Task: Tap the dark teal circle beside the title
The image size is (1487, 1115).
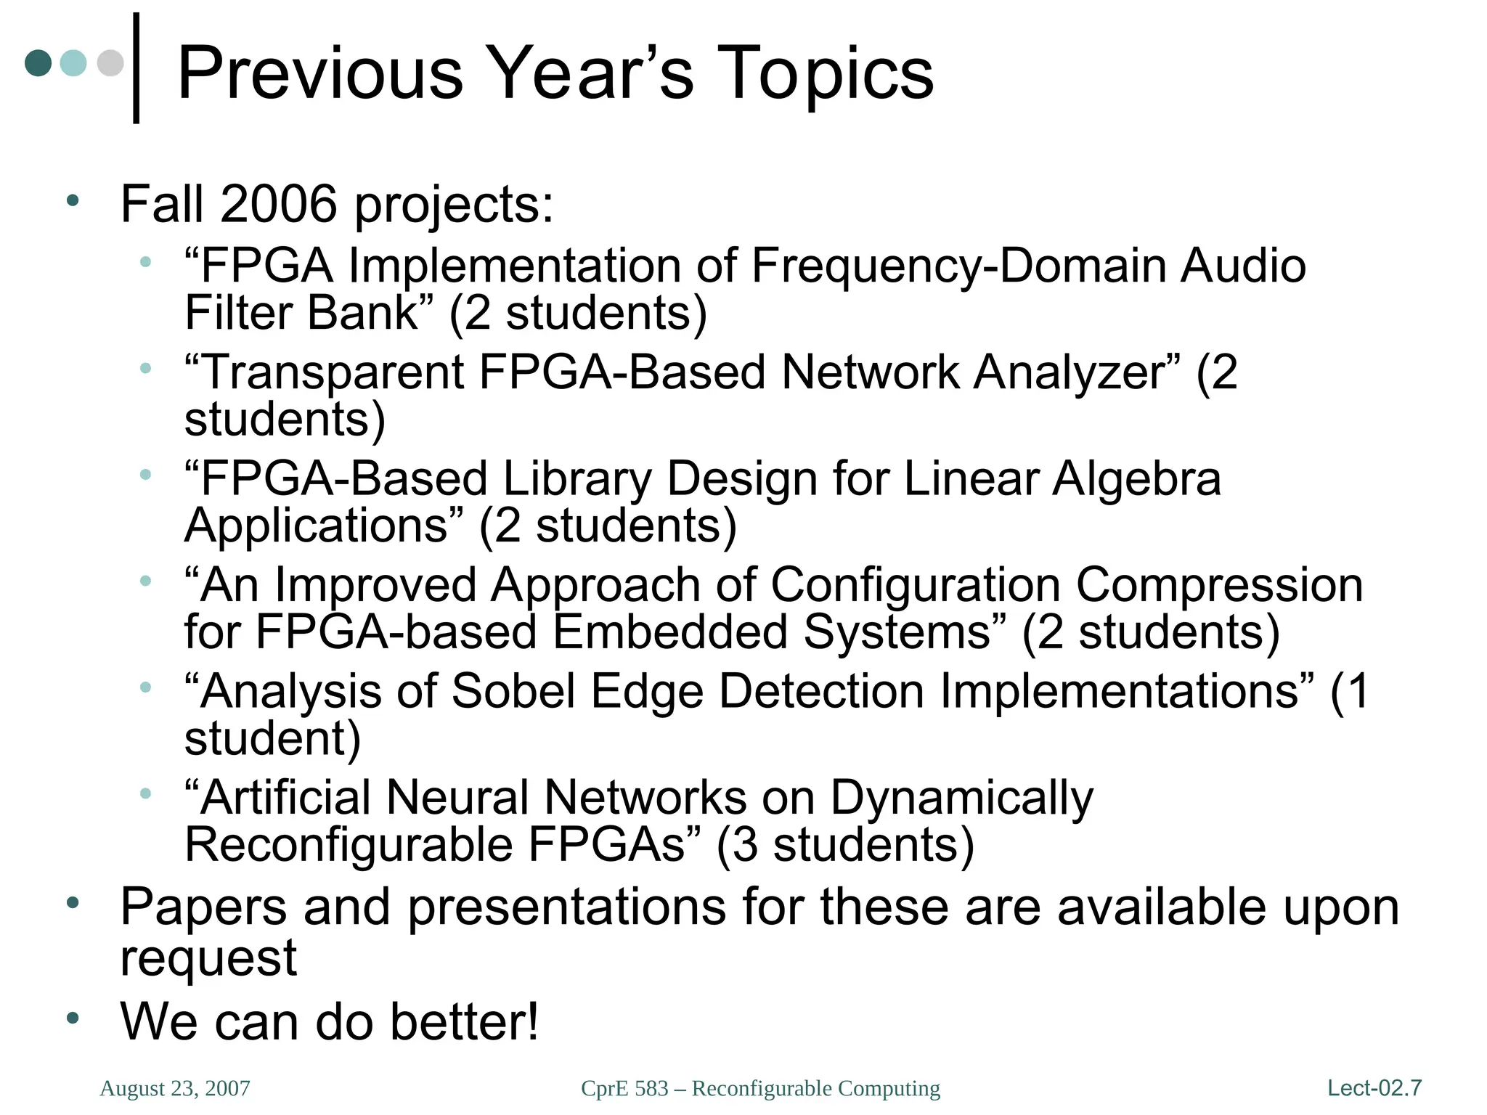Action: [x=38, y=63]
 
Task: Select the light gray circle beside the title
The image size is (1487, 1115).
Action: [x=110, y=63]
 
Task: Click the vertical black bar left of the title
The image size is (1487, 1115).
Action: [x=136, y=68]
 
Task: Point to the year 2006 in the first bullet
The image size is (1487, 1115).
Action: [x=279, y=204]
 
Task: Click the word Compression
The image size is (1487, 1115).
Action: [x=1219, y=585]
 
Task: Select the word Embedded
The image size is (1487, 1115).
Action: [x=669, y=632]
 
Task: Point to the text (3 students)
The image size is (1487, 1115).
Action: [x=844, y=845]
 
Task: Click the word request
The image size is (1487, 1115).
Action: [x=208, y=958]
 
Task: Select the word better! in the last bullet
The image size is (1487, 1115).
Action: [x=465, y=1021]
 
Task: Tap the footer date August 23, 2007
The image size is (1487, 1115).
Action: [x=175, y=1088]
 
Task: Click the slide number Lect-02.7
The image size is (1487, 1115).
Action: [x=1374, y=1088]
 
